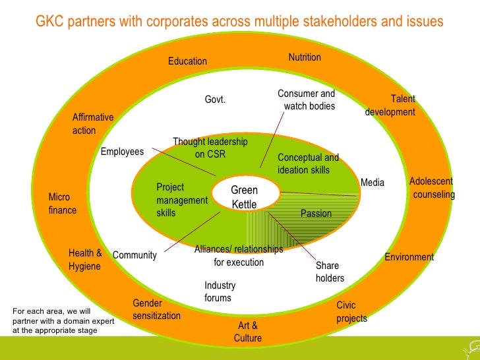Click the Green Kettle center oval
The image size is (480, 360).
(244, 197)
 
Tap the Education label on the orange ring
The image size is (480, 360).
(187, 61)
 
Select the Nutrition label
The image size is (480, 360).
(305, 57)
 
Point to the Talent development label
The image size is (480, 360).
(391, 105)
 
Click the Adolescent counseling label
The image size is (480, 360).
(432, 188)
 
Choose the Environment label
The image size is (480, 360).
(409, 257)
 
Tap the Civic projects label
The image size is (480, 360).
(351, 312)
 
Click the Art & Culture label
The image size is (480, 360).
(248, 332)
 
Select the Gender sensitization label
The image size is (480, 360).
(156, 309)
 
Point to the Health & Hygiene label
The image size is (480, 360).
(85, 260)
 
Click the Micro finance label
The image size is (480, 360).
(62, 204)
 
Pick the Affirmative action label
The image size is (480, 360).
(92, 124)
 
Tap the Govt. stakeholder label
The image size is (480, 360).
(215, 100)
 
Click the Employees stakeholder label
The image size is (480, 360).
(122, 152)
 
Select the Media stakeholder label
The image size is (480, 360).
(373, 182)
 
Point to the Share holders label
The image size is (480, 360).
(330, 272)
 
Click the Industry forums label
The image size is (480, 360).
(220, 291)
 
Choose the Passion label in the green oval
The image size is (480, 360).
(316, 214)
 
